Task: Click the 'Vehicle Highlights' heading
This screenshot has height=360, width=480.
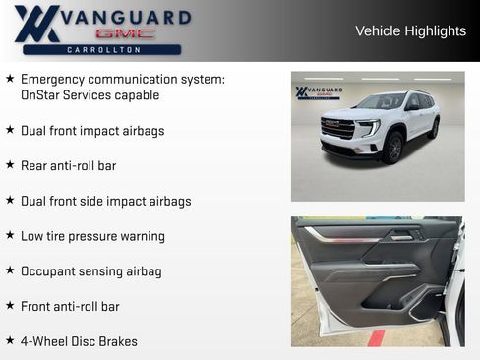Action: (410, 31)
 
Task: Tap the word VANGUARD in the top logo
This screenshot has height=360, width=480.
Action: (124, 17)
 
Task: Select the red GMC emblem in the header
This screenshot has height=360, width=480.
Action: (124, 33)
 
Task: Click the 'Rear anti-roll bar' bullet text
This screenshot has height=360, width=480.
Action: (68, 165)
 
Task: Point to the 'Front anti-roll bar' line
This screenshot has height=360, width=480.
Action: (70, 306)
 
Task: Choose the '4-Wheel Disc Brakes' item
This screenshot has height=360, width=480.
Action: (79, 341)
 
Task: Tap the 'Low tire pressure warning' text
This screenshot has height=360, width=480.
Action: (92, 236)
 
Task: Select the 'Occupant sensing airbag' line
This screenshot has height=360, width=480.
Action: (91, 270)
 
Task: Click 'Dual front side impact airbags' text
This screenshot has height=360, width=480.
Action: (106, 201)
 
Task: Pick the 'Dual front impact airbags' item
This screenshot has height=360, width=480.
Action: (92, 130)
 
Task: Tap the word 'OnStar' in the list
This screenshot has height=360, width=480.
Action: (43, 95)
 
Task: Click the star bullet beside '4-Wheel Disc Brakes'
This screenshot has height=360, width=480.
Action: (10, 340)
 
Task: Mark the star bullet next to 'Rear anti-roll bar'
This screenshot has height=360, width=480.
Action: (10, 164)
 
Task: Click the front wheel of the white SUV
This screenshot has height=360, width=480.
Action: (393, 148)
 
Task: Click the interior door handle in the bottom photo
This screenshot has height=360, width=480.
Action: (401, 236)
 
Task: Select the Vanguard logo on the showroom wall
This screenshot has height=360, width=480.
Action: (319, 93)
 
